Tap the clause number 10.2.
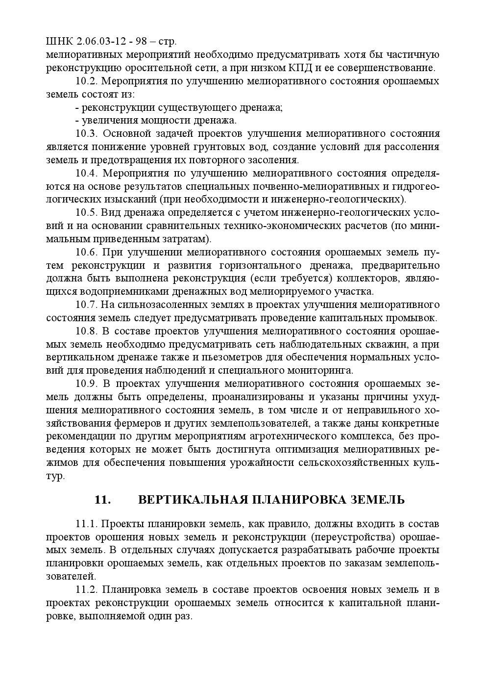(87, 81)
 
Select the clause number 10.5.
(87, 212)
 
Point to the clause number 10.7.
(87, 305)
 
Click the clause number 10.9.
(87, 383)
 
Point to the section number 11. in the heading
(102, 500)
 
